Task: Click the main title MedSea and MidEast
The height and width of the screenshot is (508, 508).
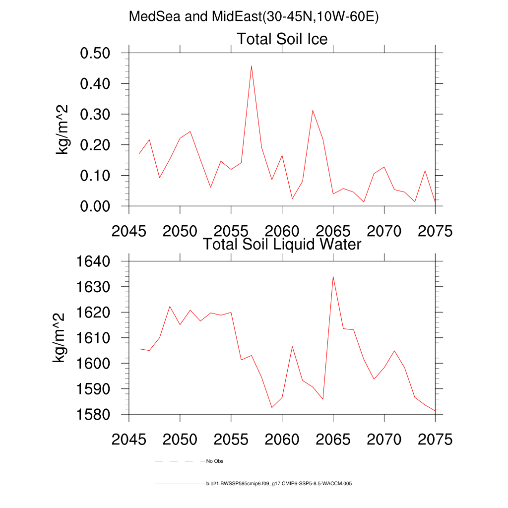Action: click(x=254, y=16)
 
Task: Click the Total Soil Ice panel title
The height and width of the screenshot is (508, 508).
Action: click(x=282, y=39)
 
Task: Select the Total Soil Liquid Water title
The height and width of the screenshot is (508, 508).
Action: click(x=282, y=244)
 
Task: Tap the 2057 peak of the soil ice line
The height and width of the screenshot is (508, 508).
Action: click(x=252, y=65)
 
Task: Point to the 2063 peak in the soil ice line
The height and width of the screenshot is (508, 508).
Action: click(x=313, y=110)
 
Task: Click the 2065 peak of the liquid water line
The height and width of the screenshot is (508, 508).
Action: click(x=333, y=276)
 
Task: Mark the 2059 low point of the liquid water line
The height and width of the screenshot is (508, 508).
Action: click(x=272, y=407)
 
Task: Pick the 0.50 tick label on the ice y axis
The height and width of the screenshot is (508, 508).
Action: click(x=101, y=53)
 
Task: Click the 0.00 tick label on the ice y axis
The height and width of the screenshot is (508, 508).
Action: click(x=101, y=206)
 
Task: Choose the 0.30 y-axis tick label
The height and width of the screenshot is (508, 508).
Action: click(x=101, y=114)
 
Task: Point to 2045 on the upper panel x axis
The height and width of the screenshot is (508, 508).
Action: click(x=129, y=231)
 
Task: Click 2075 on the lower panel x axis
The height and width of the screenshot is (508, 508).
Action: click(x=435, y=439)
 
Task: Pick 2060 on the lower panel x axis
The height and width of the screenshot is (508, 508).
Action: click(x=282, y=439)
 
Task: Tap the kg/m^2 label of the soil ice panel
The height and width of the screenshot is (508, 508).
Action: click(x=63, y=129)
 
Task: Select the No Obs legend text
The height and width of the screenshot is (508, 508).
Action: click(x=215, y=461)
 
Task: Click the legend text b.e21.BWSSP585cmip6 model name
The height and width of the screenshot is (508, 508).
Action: click(x=279, y=483)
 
